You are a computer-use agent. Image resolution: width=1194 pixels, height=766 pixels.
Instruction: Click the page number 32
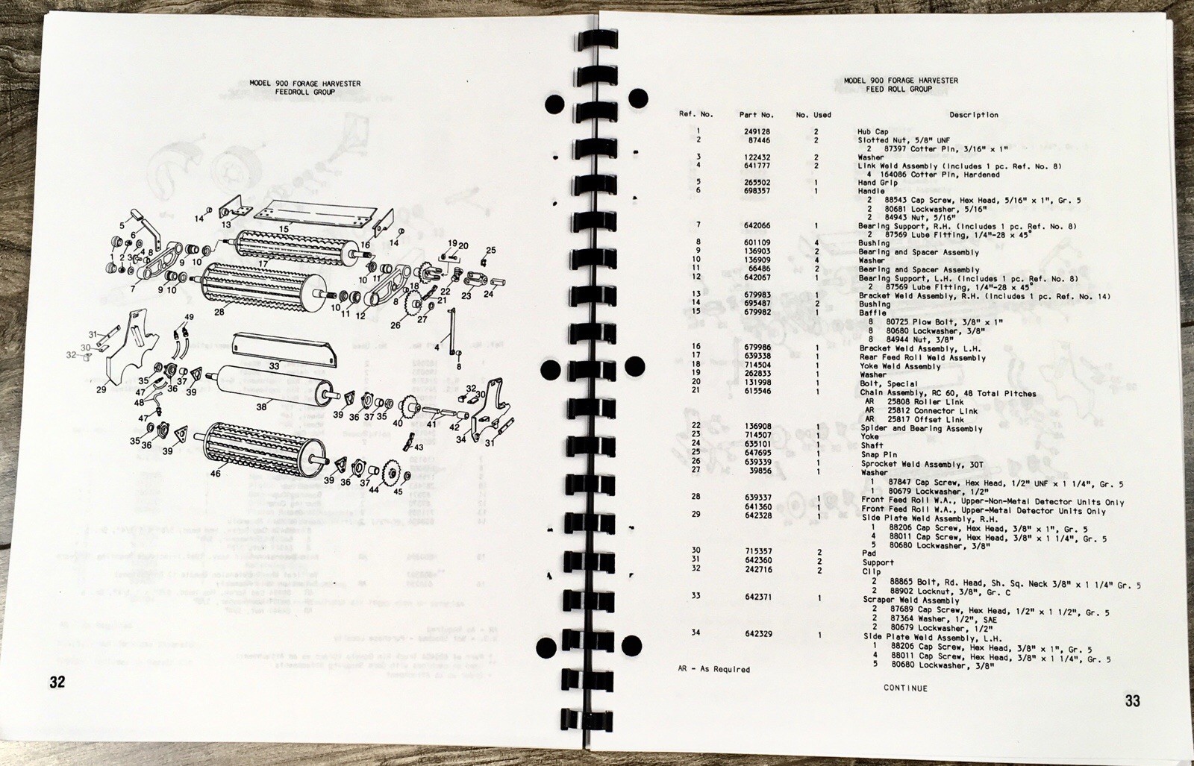57,682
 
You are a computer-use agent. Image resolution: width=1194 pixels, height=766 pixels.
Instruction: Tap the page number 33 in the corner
1133,700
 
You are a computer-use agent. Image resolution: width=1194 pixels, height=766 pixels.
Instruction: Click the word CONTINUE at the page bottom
905,688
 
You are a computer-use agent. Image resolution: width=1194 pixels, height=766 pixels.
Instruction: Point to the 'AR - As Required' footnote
709,669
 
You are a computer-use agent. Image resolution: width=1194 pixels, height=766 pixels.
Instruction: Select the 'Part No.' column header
757,115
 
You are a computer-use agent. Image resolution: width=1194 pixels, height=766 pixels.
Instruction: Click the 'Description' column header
973,115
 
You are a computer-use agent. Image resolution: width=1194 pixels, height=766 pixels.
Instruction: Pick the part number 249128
754,131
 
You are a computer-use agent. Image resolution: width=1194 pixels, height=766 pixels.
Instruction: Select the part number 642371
756,597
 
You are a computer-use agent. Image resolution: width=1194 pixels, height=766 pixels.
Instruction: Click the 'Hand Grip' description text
878,182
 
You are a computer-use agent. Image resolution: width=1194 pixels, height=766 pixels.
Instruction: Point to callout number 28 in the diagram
219,312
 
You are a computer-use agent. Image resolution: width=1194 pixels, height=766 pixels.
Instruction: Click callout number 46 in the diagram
216,473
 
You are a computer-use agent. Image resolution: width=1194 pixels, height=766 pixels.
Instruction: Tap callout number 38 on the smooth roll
261,407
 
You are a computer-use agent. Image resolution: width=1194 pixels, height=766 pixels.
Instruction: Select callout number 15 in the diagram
284,228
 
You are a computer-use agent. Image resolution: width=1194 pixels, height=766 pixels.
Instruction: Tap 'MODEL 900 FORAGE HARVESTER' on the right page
900,81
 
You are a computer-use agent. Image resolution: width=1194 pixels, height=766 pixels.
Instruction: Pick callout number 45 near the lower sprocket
397,491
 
